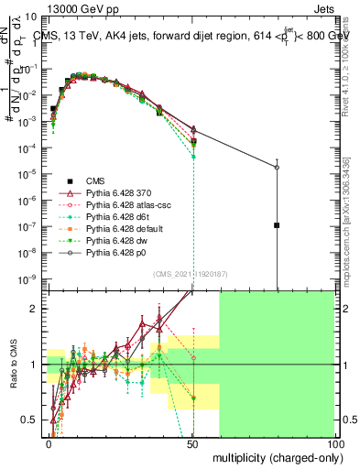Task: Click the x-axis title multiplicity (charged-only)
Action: (272, 456)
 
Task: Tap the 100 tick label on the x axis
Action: (334, 442)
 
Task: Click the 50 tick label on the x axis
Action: (192, 442)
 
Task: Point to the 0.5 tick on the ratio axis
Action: (34, 420)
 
